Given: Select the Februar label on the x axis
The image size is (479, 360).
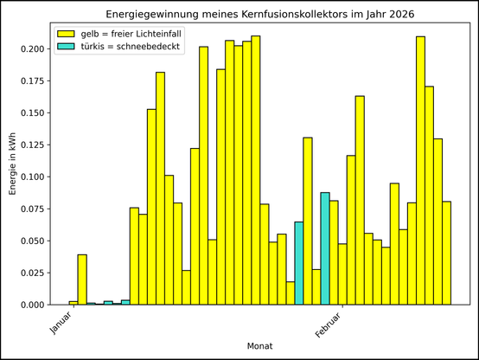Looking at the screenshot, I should point(329,322).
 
